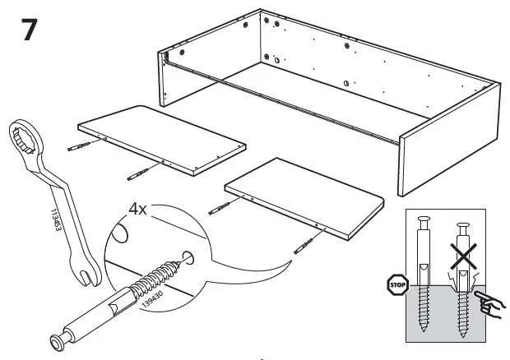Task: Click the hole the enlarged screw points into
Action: [191, 258]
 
